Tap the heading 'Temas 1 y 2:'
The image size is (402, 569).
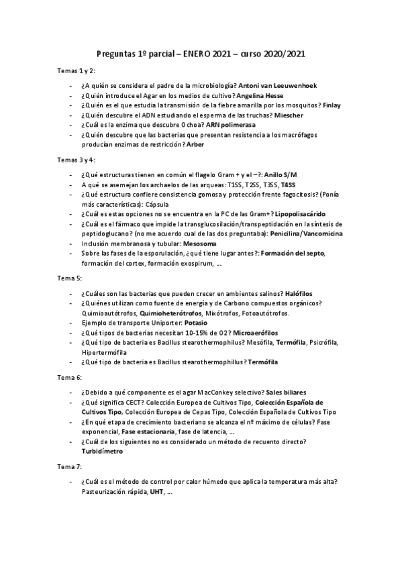tap(76, 70)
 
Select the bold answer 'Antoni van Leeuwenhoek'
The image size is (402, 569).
tap(279, 87)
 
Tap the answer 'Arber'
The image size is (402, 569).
tap(195, 144)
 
